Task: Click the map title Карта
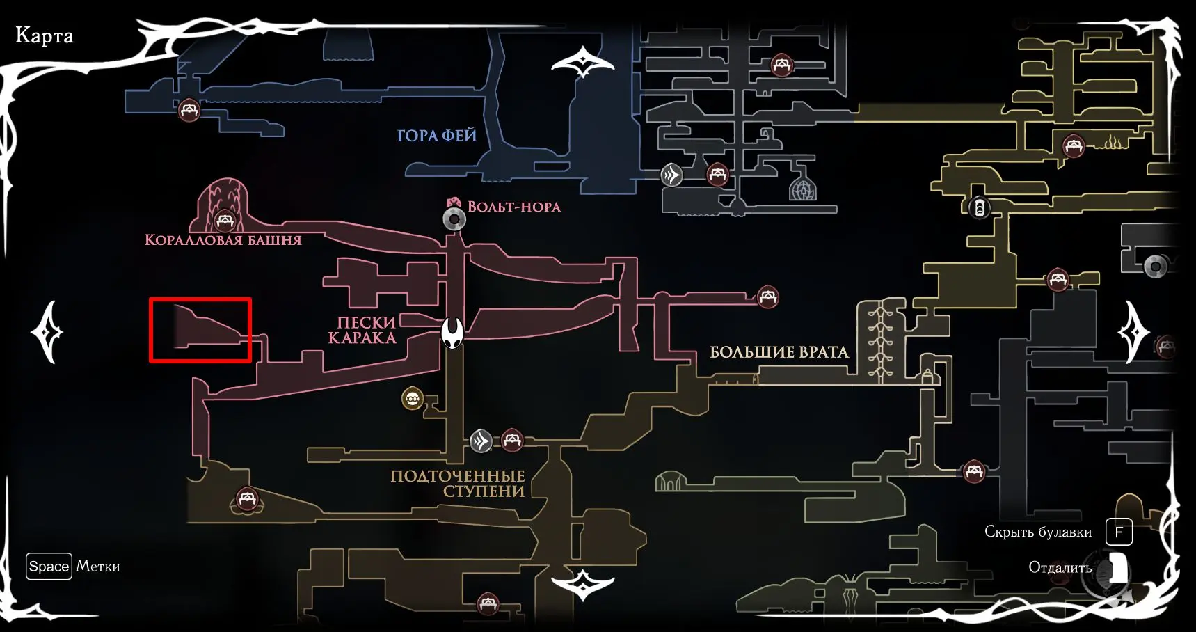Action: pos(44,35)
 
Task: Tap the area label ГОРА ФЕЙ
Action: pos(437,136)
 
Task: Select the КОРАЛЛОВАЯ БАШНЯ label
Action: pos(223,240)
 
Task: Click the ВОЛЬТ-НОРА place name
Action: pos(513,206)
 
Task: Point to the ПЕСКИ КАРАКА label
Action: pos(362,331)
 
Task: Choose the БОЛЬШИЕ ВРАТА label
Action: pos(779,352)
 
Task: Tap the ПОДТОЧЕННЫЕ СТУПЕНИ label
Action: pos(458,484)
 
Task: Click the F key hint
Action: pos(1119,532)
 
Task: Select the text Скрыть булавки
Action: pos(1037,532)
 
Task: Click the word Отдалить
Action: pos(1060,568)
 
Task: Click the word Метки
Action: pos(98,567)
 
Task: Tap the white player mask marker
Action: pos(452,333)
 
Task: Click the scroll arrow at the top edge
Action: pos(582,63)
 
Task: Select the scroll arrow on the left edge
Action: pos(47,333)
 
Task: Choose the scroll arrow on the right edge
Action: pos(1134,333)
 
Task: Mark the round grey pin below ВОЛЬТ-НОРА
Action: pos(454,220)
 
